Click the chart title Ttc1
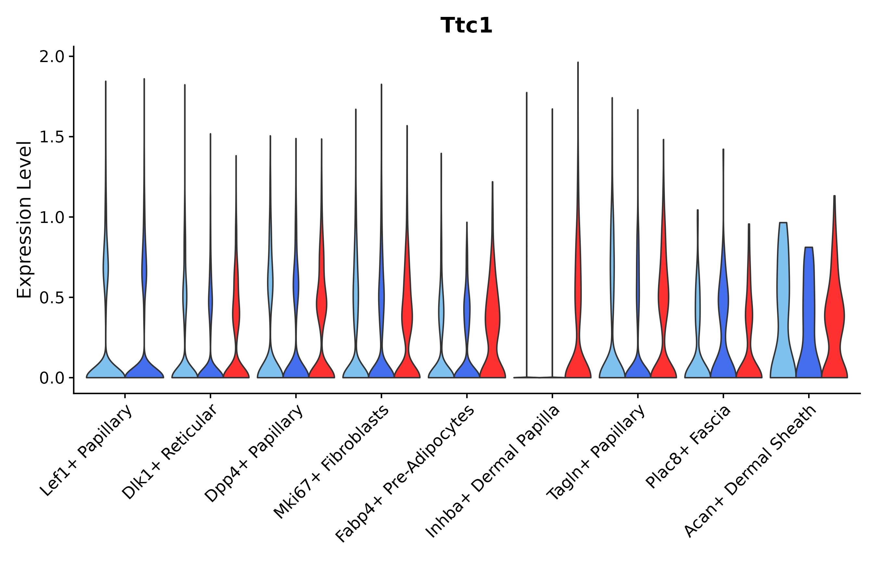click(466, 26)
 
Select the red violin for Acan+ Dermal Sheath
click(834, 317)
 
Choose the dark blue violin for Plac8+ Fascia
click(723, 336)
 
